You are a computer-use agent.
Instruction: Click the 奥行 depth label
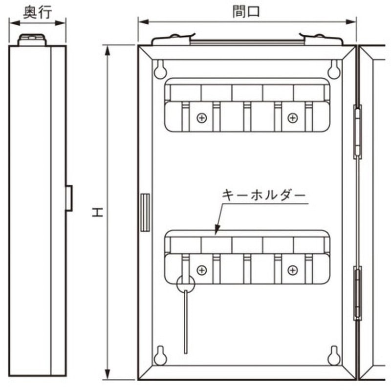pyautogui.click(x=38, y=10)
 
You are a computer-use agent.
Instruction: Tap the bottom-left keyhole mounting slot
pyautogui.click(x=159, y=355)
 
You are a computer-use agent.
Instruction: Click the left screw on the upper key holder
pyautogui.click(x=201, y=118)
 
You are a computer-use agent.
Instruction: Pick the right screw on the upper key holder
pyautogui.click(x=292, y=118)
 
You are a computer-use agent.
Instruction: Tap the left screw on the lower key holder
pyautogui.click(x=201, y=270)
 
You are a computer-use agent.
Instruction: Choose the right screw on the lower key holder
pyautogui.click(x=292, y=270)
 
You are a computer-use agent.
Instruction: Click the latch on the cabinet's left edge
pyautogui.click(x=144, y=213)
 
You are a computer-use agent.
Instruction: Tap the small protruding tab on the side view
pyautogui.click(x=69, y=198)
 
